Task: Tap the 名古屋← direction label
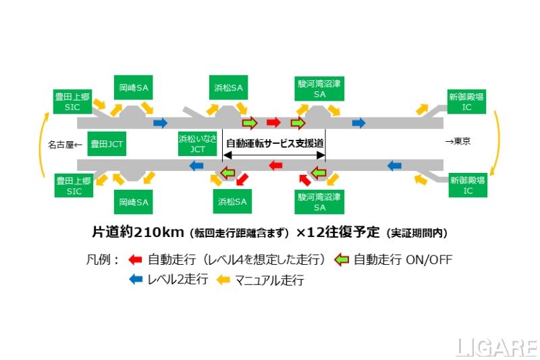tap(64, 144)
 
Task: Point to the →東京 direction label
tap(458, 142)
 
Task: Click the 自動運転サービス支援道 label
tap(275, 143)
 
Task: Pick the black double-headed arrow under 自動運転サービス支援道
tap(274, 155)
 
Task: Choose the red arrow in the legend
tap(134, 259)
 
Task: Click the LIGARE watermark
tap(496, 347)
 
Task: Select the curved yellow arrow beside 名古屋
tap(45, 144)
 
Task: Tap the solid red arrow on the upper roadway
tap(273, 123)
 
